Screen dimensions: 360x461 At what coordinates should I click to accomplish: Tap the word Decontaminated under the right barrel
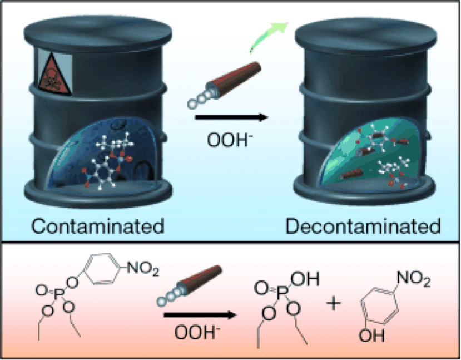click(x=363, y=226)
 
